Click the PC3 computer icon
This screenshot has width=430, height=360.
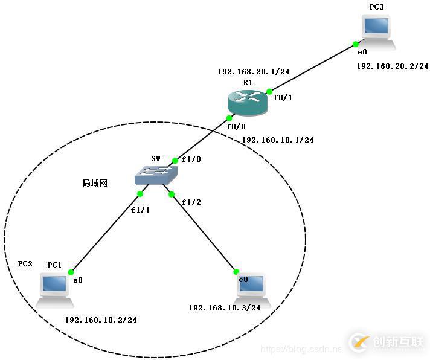click(x=377, y=33)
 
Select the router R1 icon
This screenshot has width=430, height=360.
click(x=248, y=102)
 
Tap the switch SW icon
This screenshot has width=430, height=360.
click(x=156, y=175)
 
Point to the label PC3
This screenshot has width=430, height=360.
click(x=376, y=7)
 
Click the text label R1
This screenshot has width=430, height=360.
click(x=248, y=82)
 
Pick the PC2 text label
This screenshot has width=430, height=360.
click(x=25, y=264)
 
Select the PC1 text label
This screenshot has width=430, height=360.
click(x=54, y=265)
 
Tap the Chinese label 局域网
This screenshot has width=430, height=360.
click(x=95, y=183)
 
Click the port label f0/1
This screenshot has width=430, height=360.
click(x=283, y=98)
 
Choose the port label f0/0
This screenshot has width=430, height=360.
click(x=236, y=126)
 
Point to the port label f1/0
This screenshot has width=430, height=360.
click(x=191, y=159)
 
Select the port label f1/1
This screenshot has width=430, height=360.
click(x=140, y=210)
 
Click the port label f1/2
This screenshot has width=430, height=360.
click(x=191, y=202)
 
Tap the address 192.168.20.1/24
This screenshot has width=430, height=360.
click(x=254, y=72)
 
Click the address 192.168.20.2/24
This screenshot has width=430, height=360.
click(x=393, y=66)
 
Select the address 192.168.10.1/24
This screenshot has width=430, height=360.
click(x=278, y=140)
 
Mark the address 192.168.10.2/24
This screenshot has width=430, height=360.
click(x=101, y=320)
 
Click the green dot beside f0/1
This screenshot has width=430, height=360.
click(x=269, y=91)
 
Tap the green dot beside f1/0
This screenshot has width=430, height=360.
click(x=175, y=161)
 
